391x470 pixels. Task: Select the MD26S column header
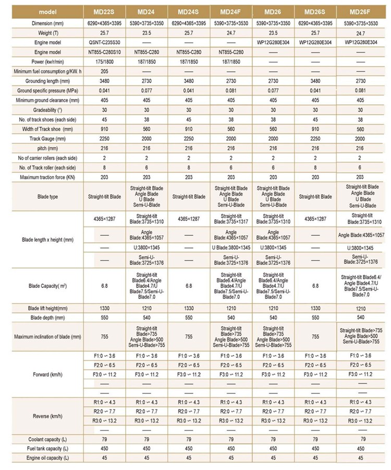(x=315, y=11)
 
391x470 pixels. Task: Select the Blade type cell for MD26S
(x=315, y=197)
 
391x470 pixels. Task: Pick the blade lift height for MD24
(x=146, y=309)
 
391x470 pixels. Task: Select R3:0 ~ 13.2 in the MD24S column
(x=188, y=420)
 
